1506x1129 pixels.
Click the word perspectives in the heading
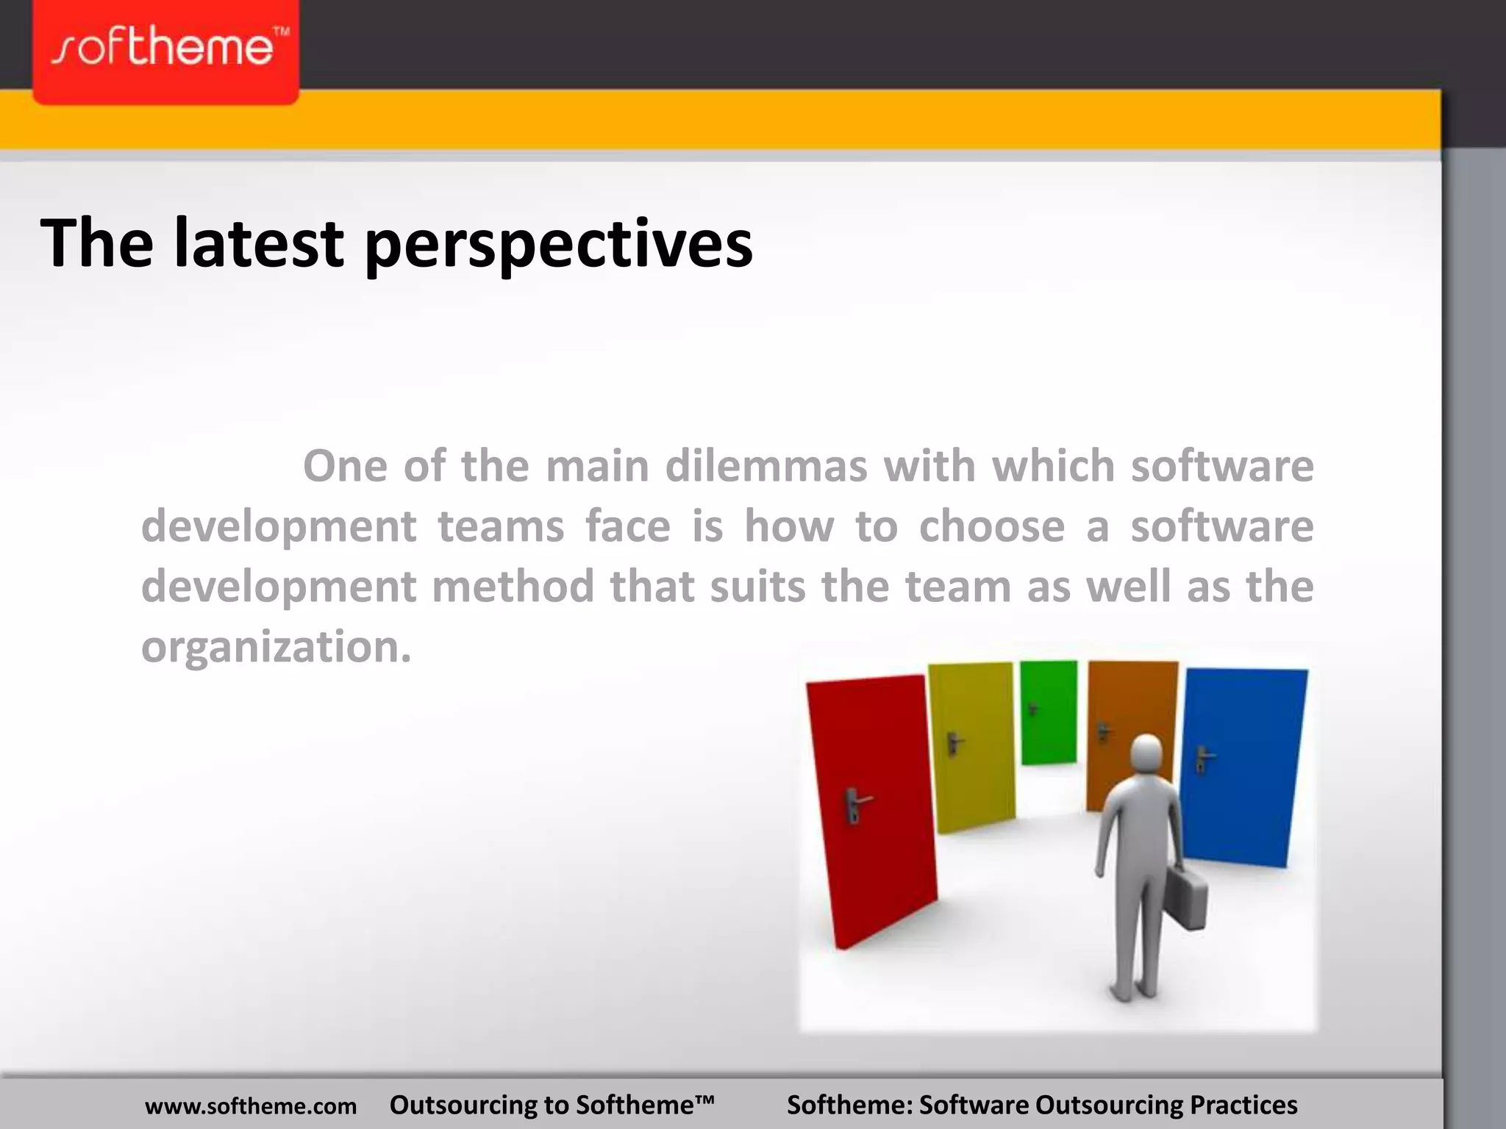(x=559, y=244)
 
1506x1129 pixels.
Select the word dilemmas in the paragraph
(x=766, y=466)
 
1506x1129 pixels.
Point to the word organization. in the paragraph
(x=276, y=647)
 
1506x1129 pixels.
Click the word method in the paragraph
(x=513, y=587)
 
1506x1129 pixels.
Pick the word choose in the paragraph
(x=991, y=526)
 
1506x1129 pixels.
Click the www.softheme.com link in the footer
(x=251, y=1105)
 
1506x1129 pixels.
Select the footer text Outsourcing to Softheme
(x=552, y=1105)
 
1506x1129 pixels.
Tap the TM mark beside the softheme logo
(x=281, y=33)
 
